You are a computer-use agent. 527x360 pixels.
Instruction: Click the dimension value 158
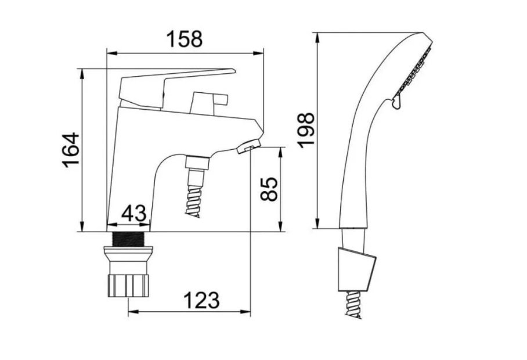click(185, 39)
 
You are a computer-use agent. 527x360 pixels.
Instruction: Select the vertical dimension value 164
click(71, 150)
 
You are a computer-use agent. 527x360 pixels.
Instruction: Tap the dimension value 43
click(133, 213)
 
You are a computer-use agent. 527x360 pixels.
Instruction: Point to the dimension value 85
click(269, 189)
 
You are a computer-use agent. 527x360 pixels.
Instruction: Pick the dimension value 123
click(201, 300)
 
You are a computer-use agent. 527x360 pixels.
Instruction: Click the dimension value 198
click(306, 131)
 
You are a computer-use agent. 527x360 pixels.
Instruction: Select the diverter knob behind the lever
click(209, 103)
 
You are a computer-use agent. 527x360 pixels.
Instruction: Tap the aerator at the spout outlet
click(249, 147)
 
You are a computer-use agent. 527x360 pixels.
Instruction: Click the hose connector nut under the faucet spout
click(197, 162)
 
